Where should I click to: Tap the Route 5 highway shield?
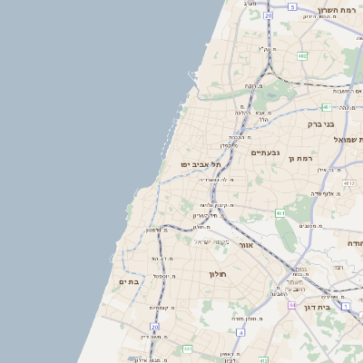coord(292,6)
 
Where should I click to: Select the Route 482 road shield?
coord(301,56)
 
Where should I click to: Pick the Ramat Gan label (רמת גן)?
coord(299,159)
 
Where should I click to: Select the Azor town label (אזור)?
coord(246,245)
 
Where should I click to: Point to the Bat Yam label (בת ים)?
coord(131,282)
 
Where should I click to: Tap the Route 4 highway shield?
coord(240,332)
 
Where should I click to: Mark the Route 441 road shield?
coord(187,348)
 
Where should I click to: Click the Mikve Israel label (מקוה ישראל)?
coord(213,241)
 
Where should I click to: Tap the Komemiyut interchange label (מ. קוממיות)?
coord(163,309)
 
